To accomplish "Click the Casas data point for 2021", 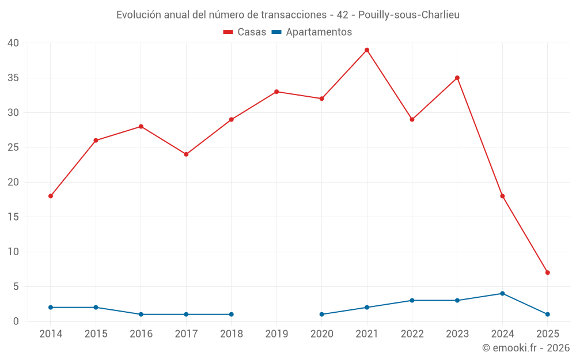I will (367, 50).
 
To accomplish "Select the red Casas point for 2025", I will (547, 272).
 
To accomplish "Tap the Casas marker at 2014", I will (51, 196).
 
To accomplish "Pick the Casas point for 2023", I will (457, 78).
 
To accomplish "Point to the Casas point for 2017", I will (186, 154).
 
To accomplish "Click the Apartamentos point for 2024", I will (502, 293).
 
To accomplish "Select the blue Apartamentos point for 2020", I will (321, 314).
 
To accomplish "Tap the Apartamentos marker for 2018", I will (232, 314).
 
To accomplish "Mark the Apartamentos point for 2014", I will (51, 308).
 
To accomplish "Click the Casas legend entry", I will (245, 32).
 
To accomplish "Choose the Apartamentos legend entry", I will (312, 32).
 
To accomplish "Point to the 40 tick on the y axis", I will (13, 43).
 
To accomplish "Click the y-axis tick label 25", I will (13, 147).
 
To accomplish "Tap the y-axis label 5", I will (16, 286).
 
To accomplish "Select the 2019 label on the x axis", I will (276, 334).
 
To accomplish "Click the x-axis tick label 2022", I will (412, 334).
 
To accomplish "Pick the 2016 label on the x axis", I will (141, 334).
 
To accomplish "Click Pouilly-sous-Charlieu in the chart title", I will (409, 15).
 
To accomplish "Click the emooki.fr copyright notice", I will (526, 348).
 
